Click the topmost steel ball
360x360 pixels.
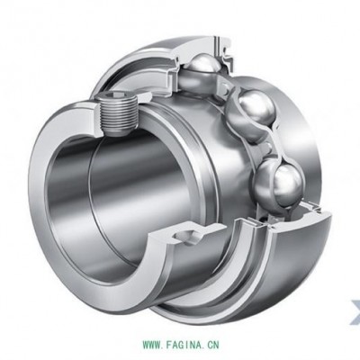pyautogui.click(x=202, y=68)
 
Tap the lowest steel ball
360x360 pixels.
pyautogui.click(x=279, y=182)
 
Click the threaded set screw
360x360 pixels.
pyautogui.click(x=117, y=114)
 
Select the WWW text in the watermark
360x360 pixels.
pyautogui.click(x=152, y=344)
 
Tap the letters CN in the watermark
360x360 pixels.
pyautogui.click(x=212, y=344)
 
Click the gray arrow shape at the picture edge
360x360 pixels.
pyautogui.click(x=355, y=313)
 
